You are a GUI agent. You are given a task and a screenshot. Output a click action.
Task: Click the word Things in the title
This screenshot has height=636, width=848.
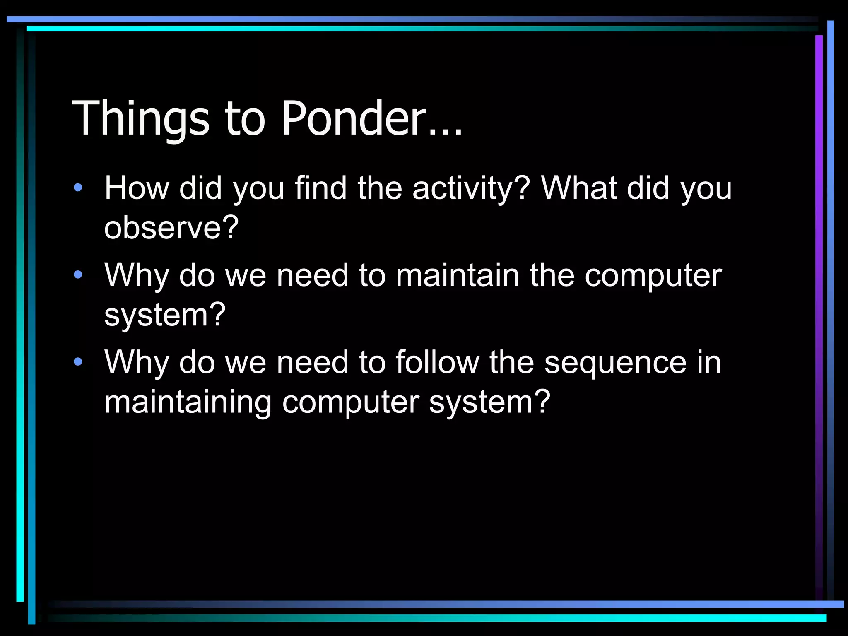[x=141, y=119]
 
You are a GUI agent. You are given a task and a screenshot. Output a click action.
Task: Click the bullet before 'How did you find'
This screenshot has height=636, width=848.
[x=78, y=188]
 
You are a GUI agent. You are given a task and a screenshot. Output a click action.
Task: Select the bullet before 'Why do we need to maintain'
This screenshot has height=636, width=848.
[x=78, y=275]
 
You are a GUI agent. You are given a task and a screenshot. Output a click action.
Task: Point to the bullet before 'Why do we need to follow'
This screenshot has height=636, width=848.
[x=78, y=362]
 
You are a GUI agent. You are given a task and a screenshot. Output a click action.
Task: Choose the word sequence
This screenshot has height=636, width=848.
[x=615, y=363]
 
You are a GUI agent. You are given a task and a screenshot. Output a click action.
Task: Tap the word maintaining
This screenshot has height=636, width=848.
[x=188, y=402]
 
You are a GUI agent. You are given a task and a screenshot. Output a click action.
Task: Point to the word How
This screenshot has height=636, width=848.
[x=137, y=188]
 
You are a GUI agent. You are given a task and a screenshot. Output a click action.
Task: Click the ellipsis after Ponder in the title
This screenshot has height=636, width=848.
[x=446, y=132]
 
